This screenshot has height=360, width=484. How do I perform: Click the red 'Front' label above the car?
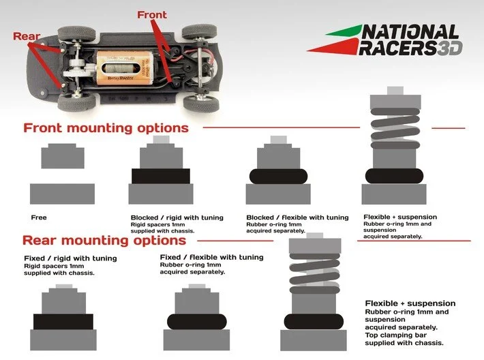click(151, 14)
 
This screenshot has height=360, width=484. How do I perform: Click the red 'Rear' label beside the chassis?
click(27, 36)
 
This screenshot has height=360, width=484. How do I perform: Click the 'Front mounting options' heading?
click(106, 128)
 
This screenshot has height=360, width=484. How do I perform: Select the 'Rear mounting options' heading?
click(104, 240)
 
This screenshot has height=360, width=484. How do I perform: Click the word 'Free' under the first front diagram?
click(39, 217)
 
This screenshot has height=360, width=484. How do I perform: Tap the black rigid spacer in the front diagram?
click(160, 176)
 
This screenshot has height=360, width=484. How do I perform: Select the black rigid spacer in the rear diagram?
click(63, 321)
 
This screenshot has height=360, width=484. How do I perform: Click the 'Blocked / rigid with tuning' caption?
click(177, 217)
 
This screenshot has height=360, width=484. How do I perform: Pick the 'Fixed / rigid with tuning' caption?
click(70, 258)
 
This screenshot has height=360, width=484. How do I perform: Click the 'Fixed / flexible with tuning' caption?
click(211, 257)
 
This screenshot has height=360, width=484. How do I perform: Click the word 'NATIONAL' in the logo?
click(410, 33)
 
